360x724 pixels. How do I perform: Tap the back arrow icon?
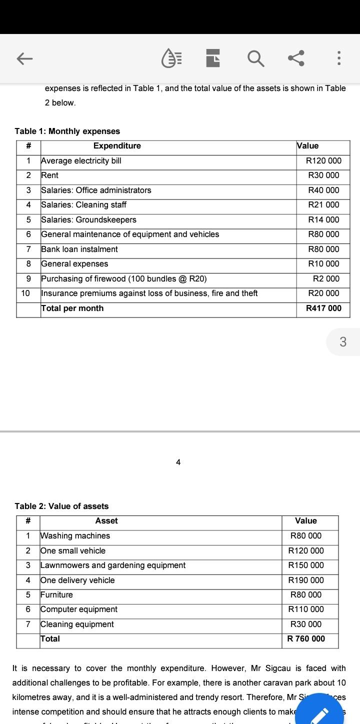click(24, 59)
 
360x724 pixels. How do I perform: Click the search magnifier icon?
click(255, 58)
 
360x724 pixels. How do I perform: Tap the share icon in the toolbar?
click(296, 58)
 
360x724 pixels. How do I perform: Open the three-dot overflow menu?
click(339, 58)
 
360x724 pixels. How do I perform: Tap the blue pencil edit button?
click(319, 713)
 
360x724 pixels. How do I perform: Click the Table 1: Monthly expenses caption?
click(67, 131)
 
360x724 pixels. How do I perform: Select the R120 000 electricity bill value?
click(323, 160)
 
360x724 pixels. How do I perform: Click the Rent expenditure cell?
click(49, 175)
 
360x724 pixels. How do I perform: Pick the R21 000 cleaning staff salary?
click(323, 205)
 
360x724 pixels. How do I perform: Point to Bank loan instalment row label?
click(79, 249)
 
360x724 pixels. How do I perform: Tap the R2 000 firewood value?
click(326, 278)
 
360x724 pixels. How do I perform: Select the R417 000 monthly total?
click(323, 308)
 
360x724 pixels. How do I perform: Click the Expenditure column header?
click(117, 146)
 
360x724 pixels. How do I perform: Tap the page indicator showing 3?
click(343, 342)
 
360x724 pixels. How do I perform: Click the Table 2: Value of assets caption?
click(61, 506)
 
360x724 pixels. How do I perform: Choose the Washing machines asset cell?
click(75, 536)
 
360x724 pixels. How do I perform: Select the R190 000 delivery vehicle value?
click(306, 580)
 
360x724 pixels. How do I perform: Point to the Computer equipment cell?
click(79, 609)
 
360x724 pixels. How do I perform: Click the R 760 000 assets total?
click(306, 639)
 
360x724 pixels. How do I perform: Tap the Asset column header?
click(106, 521)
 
